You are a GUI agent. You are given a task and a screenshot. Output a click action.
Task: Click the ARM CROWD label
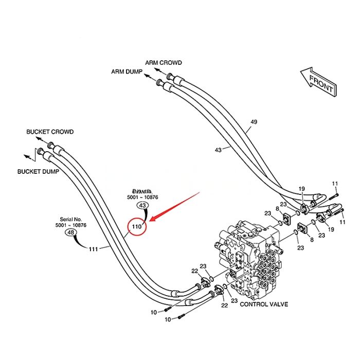click(x=163, y=63)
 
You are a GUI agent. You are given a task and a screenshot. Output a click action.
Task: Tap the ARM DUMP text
click(x=126, y=71)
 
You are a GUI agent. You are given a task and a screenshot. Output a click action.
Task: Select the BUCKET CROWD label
click(x=50, y=132)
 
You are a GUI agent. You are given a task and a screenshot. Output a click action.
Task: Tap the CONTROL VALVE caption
click(x=264, y=304)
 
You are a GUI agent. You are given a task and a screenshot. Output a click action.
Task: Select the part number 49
click(x=254, y=122)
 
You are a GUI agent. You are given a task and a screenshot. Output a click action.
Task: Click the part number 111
click(x=93, y=249)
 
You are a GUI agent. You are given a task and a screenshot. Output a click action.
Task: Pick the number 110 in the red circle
click(x=137, y=226)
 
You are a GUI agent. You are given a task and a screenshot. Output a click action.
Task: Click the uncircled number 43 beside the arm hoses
click(x=218, y=150)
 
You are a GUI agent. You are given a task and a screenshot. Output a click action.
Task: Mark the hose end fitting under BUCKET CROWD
click(x=58, y=149)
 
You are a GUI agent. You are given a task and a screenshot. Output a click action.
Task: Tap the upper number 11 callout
click(x=334, y=184)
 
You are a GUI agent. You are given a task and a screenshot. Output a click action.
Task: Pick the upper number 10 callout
click(x=154, y=312)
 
